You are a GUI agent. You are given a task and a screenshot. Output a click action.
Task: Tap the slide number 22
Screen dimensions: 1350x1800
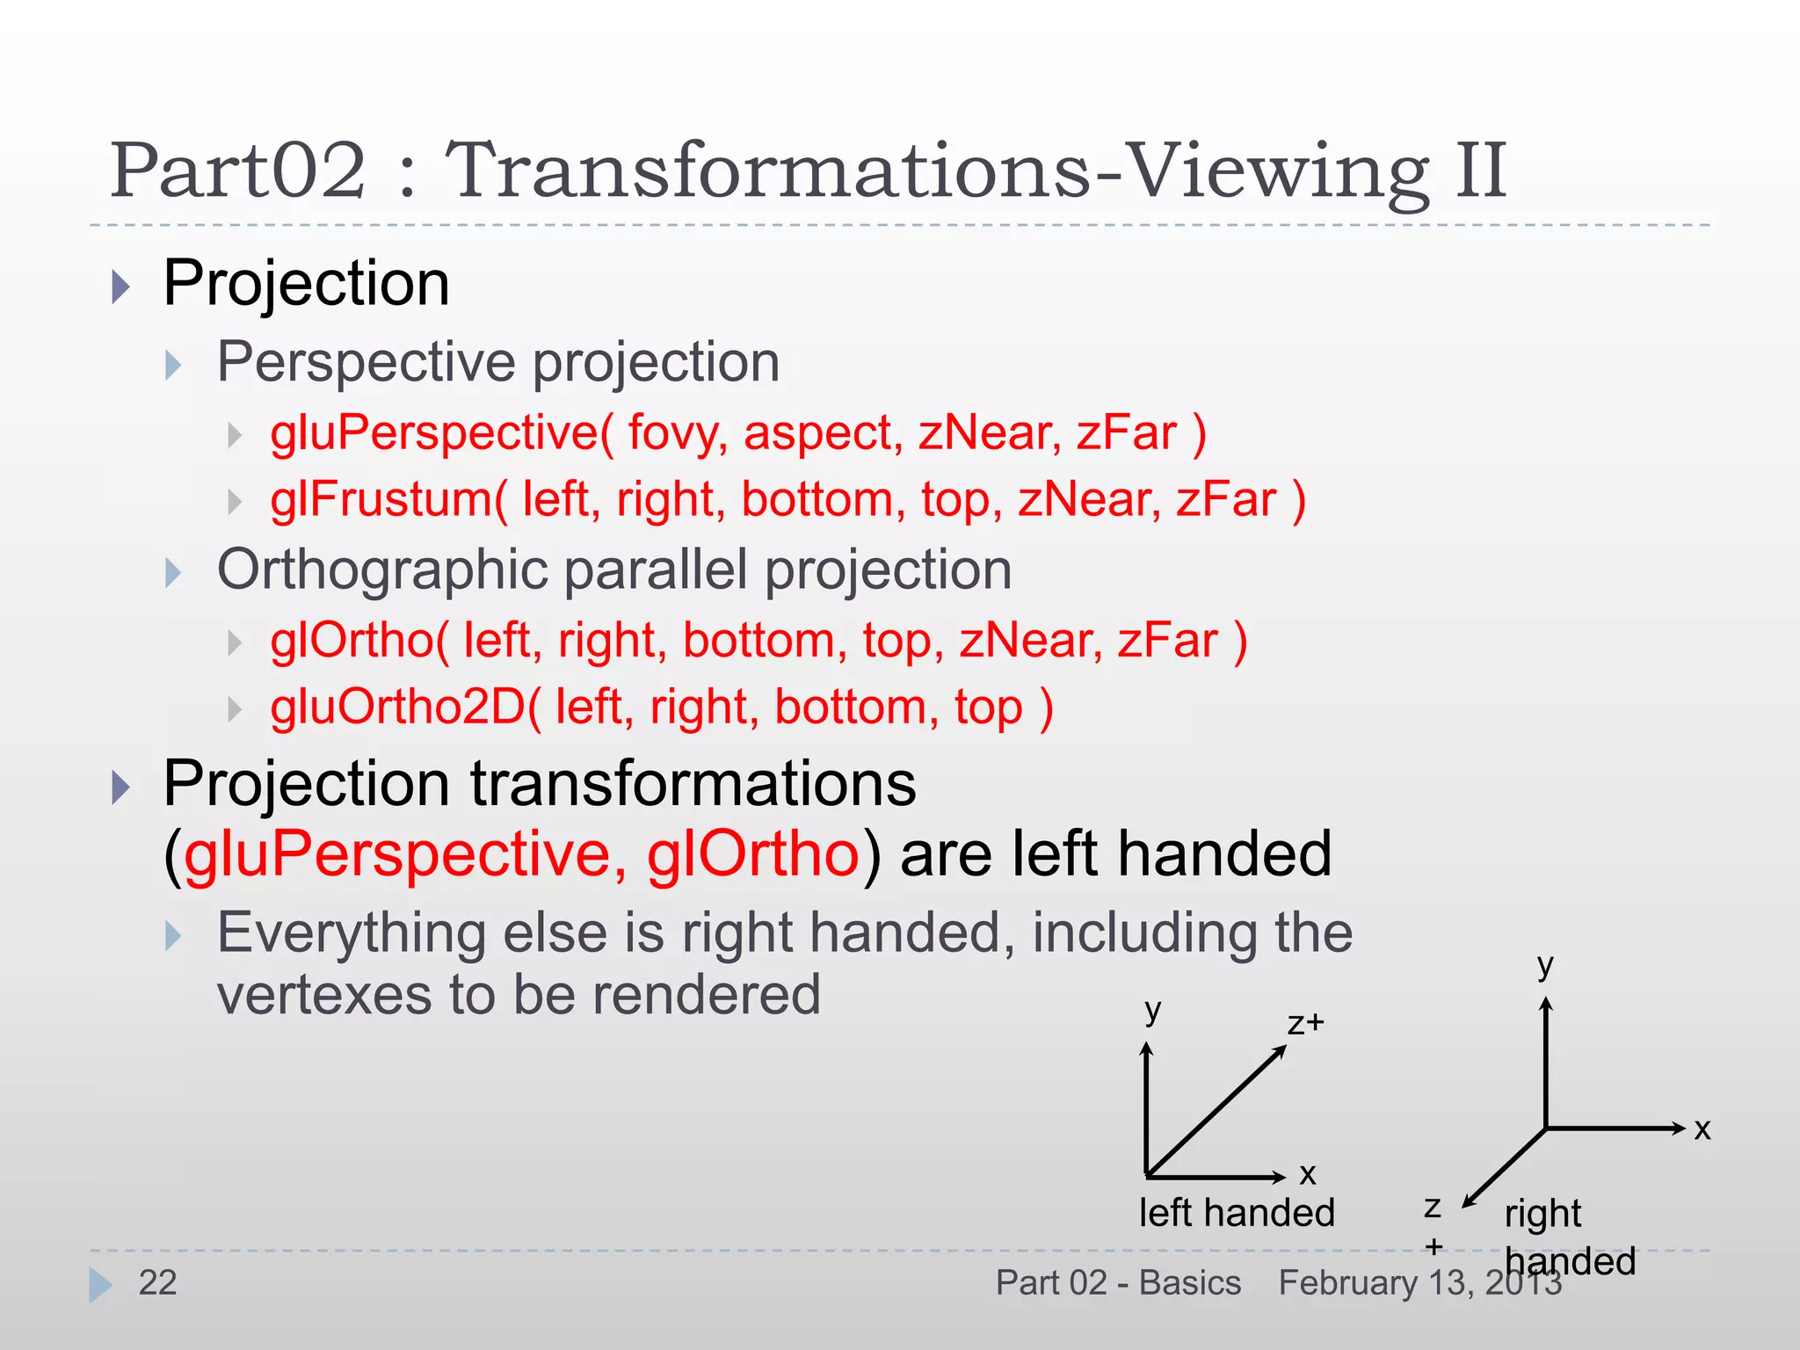coord(157,1283)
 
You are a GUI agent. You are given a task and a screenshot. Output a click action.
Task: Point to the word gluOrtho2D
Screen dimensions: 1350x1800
coord(398,708)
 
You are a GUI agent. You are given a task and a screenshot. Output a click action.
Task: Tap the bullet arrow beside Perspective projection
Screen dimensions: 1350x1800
coord(173,365)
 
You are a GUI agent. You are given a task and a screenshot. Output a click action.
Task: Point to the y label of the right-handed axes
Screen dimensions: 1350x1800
coord(1545,965)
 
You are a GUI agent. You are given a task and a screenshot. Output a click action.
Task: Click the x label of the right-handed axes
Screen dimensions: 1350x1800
coord(1702,1129)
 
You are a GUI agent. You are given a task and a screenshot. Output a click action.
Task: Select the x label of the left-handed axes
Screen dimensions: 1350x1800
coord(1307,1174)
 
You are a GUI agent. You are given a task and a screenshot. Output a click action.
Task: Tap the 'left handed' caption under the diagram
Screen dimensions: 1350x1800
coord(1237,1214)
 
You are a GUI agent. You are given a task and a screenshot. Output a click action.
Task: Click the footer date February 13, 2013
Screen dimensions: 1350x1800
coord(1420,1283)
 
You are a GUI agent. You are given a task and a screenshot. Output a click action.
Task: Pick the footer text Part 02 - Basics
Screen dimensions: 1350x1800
coord(1118,1283)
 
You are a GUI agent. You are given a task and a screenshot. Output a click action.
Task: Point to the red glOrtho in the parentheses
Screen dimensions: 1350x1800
coord(752,854)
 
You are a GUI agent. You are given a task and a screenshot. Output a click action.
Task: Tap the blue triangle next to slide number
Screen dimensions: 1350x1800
coord(100,1285)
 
